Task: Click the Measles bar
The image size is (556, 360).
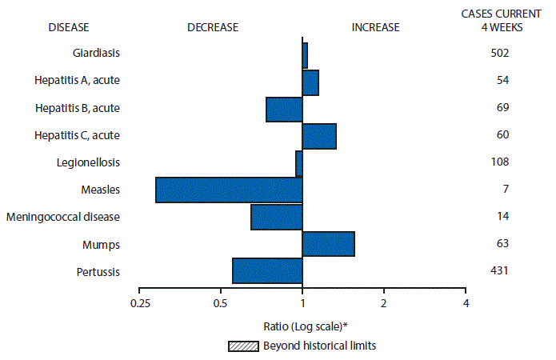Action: click(229, 190)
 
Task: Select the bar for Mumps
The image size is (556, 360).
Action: click(328, 244)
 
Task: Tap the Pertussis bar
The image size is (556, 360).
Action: click(267, 271)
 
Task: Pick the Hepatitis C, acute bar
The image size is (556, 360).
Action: click(319, 136)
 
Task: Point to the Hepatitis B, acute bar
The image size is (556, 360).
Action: click(284, 109)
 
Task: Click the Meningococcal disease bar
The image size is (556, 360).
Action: click(277, 217)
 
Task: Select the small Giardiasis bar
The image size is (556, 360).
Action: click(305, 54)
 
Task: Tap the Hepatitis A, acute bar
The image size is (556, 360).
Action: click(310, 82)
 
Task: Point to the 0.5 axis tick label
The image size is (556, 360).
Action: click(221, 303)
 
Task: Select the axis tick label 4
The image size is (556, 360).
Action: click(466, 303)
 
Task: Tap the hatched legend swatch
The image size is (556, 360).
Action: click(243, 346)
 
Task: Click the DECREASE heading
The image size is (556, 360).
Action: click(213, 27)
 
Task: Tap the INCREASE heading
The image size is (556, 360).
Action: click(375, 27)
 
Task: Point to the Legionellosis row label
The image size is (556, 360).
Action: click(89, 162)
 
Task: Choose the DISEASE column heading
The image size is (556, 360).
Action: click(69, 27)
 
